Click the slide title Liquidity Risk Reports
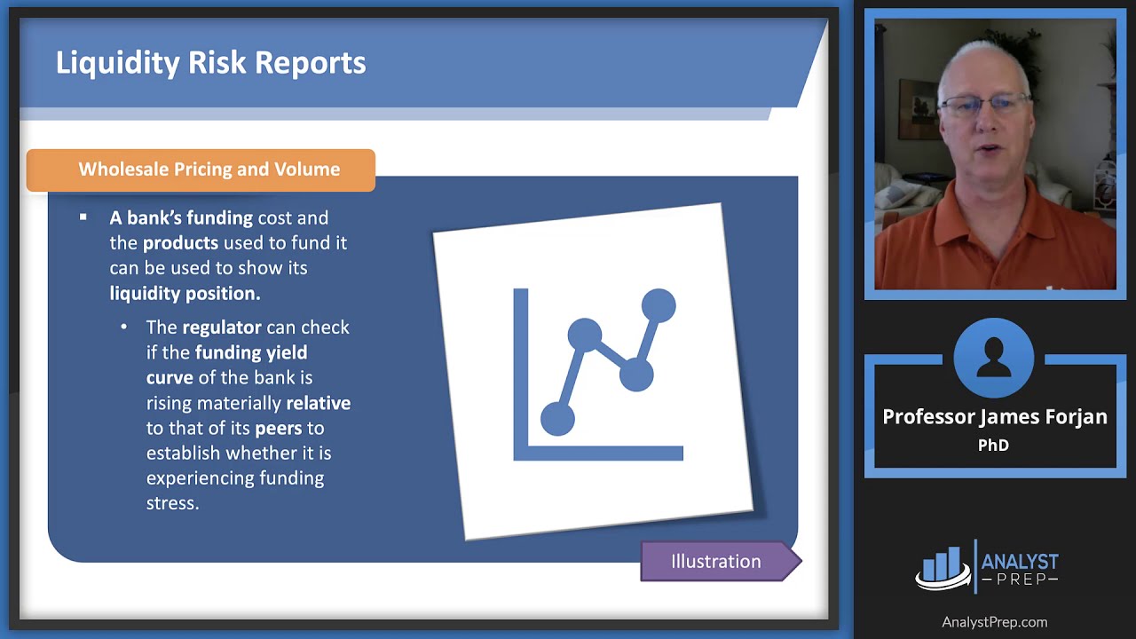[x=210, y=63]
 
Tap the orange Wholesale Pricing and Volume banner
[x=201, y=170]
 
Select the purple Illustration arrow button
[x=721, y=562]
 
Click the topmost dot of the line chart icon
[x=659, y=305]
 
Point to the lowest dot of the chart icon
[x=557, y=419]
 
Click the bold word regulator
[x=222, y=327]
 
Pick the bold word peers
[x=279, y=429]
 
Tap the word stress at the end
[x=172, y=503]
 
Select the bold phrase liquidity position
[x=185, y=294]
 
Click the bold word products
[x=180, y=243]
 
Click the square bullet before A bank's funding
[x=83, y=217]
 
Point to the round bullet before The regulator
[x=123, y=327]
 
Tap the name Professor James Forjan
[x=995, y=417]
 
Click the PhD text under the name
[x=993, y=446]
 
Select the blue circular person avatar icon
[x=993, y=358]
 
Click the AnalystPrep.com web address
[x=994, y=622]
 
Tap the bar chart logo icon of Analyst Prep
[x=943, y=567]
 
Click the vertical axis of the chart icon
[x=521, y=375]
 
